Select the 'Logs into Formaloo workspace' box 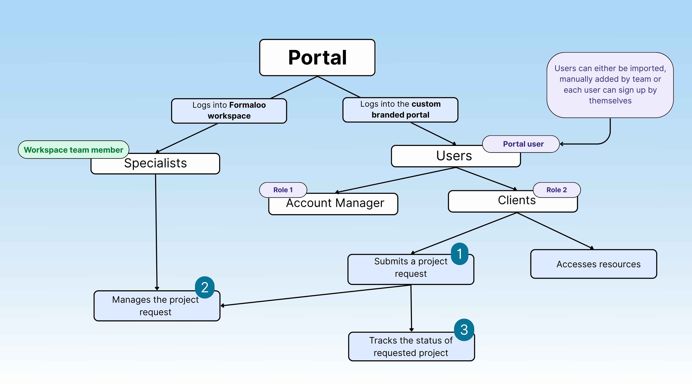coord(229,111)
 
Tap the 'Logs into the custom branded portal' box coord(400,110)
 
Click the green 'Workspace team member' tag coord(73,150)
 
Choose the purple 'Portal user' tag coord(523,144)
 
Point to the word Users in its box coord(454,156)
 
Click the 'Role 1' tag coord(283,190)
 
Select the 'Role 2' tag coord(556,190)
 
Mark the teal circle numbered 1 coord(459,254)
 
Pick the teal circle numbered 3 coord(464,330)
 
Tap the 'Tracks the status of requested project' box coord(411,347)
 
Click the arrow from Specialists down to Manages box coord(156,231)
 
